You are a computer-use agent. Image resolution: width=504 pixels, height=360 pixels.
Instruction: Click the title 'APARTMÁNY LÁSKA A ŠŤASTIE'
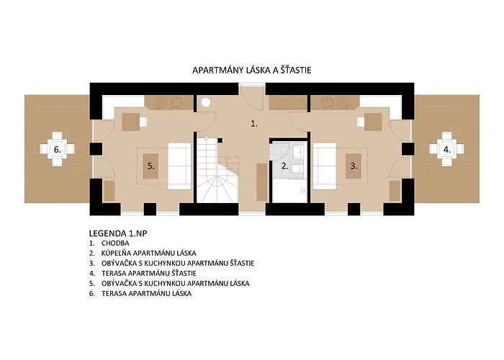point(252,70)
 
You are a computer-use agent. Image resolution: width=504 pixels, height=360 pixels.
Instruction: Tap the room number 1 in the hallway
point(254,124)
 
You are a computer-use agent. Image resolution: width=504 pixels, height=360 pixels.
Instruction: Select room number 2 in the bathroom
point(285,166)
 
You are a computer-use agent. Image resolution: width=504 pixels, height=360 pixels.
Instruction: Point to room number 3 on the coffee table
point(354,166)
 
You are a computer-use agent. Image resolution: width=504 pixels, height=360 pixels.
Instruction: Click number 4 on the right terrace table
point(447,150)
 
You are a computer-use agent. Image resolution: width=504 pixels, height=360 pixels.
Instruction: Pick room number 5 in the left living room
point(151,166)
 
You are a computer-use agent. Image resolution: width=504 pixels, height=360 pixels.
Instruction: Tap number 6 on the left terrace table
point(58,150)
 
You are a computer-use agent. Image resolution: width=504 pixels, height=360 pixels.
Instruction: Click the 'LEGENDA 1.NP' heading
point(118,233)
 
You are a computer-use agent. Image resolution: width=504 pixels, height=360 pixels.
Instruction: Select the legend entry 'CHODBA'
point(115,243)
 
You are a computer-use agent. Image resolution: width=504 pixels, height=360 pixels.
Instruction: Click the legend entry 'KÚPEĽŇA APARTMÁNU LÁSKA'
point(149,253)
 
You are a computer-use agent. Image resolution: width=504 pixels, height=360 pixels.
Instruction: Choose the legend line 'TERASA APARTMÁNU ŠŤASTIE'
point(149,274)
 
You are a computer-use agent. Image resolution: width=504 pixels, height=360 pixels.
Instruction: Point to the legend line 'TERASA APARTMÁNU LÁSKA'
point(147,294)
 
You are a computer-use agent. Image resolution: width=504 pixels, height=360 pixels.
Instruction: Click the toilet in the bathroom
point(297,168)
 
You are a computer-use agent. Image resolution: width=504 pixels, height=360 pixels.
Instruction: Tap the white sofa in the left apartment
point(179,166)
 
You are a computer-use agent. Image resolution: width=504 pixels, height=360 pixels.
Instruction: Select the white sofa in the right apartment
point(325,166)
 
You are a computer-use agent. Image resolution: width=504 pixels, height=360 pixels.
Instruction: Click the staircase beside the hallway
point(217,170)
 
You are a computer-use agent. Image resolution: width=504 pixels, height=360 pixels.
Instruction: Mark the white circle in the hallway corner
point(206,102)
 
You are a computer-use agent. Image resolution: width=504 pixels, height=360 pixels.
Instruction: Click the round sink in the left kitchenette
point(176,102)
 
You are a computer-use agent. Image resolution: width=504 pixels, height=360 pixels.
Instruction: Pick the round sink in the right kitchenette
point(328,102)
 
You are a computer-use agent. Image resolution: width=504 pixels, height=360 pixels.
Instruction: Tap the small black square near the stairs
point(220,140)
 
